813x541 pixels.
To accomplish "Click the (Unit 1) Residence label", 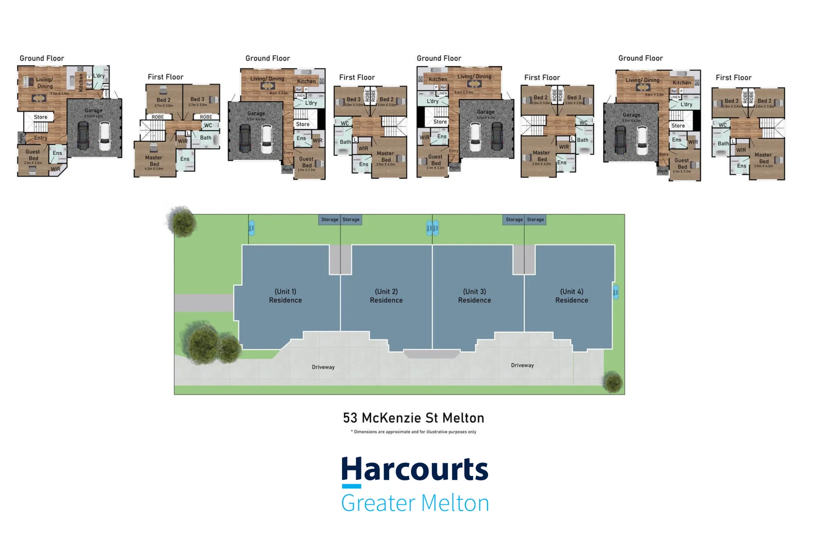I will [285, 296].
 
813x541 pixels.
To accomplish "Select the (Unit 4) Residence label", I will [571, 296].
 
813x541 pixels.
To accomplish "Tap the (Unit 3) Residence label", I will [474, 296].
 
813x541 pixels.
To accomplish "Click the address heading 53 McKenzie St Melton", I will [414, 418].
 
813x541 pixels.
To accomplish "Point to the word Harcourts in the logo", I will [415, 469].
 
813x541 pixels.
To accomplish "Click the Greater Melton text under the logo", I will [415, 503].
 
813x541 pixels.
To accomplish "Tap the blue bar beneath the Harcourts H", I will [351, 486].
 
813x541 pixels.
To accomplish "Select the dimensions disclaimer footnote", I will [414, 432].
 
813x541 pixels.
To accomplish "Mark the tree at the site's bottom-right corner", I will [612, 382].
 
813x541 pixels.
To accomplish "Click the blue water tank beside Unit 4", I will [616, 292].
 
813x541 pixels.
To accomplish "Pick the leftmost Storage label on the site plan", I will [329, 219].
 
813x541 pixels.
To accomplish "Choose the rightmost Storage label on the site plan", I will [535, 219].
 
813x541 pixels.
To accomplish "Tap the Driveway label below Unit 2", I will [323, 367].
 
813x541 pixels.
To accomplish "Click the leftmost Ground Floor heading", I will [42, 58].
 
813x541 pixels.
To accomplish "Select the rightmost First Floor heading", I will [733, 78].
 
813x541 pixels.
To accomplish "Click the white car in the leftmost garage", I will [105, 136].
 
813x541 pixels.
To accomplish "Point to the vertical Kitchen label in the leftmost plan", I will [81, 82].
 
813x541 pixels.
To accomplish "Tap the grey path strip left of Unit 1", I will [204, 303].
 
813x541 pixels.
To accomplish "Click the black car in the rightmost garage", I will [620, 140].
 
